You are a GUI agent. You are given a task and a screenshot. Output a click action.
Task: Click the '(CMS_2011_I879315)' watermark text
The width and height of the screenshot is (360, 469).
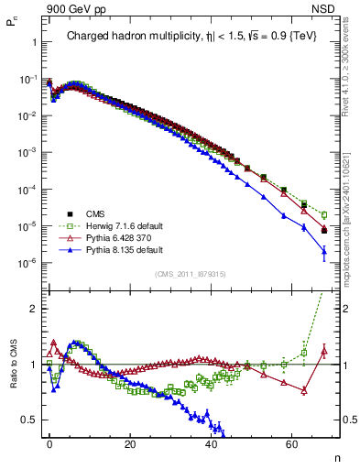coord(191,274)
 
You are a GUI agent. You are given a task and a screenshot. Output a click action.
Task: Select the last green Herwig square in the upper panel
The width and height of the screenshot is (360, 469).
coord(324,215)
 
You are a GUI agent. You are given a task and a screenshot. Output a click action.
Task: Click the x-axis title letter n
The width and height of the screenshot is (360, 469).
coord(335,455)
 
